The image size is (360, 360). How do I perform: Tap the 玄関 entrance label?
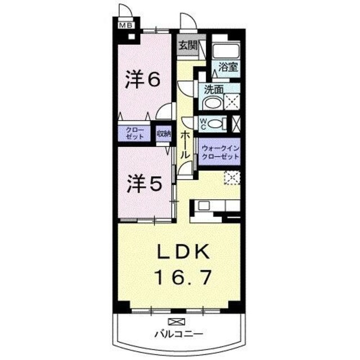pos(187,46)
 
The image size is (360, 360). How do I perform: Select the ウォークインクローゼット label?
pos(220,152)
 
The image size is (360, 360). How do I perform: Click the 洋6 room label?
pos(143,79)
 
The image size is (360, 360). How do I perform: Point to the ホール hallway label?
pos(185,143)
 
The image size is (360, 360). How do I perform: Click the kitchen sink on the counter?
pos(203,205)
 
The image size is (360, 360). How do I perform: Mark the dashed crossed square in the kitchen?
pos(231,178)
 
